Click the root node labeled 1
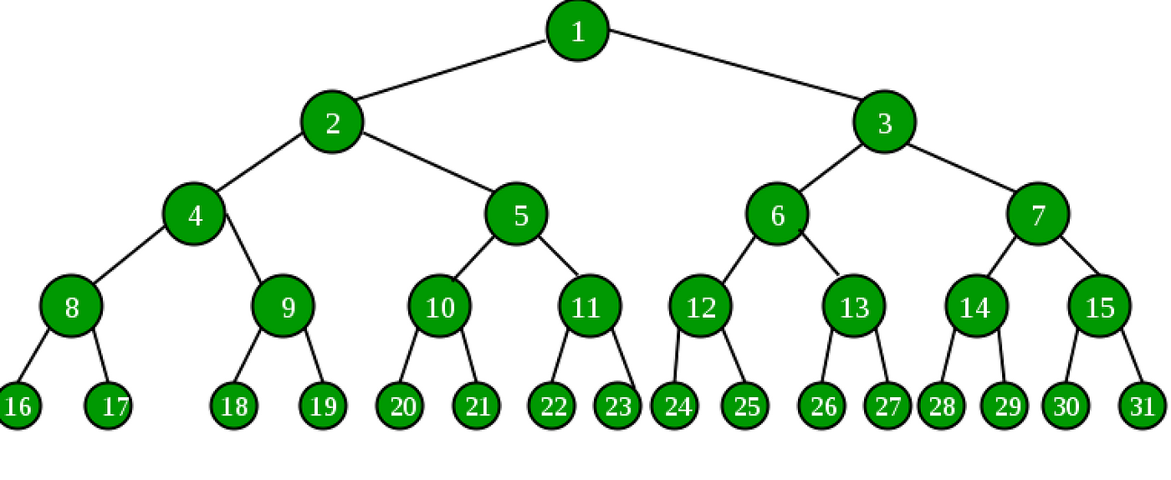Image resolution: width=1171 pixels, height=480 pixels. point(578,30)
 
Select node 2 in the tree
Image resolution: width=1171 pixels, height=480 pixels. point(332,122)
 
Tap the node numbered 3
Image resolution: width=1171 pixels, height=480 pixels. point(885,122)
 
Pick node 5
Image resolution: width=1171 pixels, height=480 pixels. point(517,214)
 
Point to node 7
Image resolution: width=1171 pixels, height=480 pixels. point(1038,214)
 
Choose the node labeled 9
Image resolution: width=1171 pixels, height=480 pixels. point(284,306)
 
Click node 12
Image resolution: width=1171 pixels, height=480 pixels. point(701,306)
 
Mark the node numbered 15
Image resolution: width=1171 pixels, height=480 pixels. point(1100,306)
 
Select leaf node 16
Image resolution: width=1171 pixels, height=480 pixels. point(18,406)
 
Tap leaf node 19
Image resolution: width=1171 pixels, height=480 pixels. point(323,406)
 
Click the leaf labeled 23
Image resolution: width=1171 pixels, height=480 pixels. point(618,406)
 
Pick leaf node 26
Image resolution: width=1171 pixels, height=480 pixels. point(821,406)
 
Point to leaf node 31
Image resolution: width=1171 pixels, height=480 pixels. point(1143,406)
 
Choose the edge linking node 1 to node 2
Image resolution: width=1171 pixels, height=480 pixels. point(451,69)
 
